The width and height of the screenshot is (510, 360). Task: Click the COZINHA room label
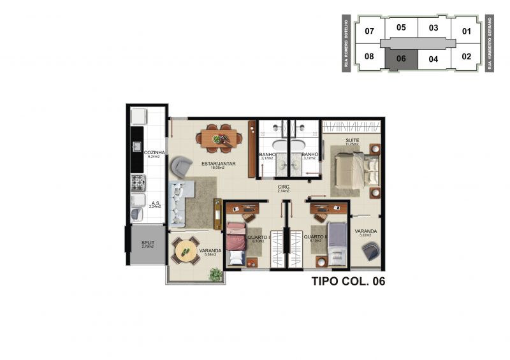pos(155,153)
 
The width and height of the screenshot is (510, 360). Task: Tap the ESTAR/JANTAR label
pos(219,164)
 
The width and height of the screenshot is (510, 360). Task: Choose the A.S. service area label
pos(155,205)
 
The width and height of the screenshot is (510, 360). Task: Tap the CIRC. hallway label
pos(284,187)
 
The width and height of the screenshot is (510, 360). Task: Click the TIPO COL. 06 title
pos(349,280)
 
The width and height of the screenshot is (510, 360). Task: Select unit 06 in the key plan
pos(401,59)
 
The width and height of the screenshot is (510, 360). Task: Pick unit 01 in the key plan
pos(467,31)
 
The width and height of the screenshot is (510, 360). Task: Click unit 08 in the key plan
pos(369,57)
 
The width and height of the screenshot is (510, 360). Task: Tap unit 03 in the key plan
pos(433,27)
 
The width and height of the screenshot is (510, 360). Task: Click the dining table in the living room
pos(218,138)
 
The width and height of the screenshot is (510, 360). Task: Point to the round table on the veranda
pos(186,250)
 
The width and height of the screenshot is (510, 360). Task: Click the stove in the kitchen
pos(138,184)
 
